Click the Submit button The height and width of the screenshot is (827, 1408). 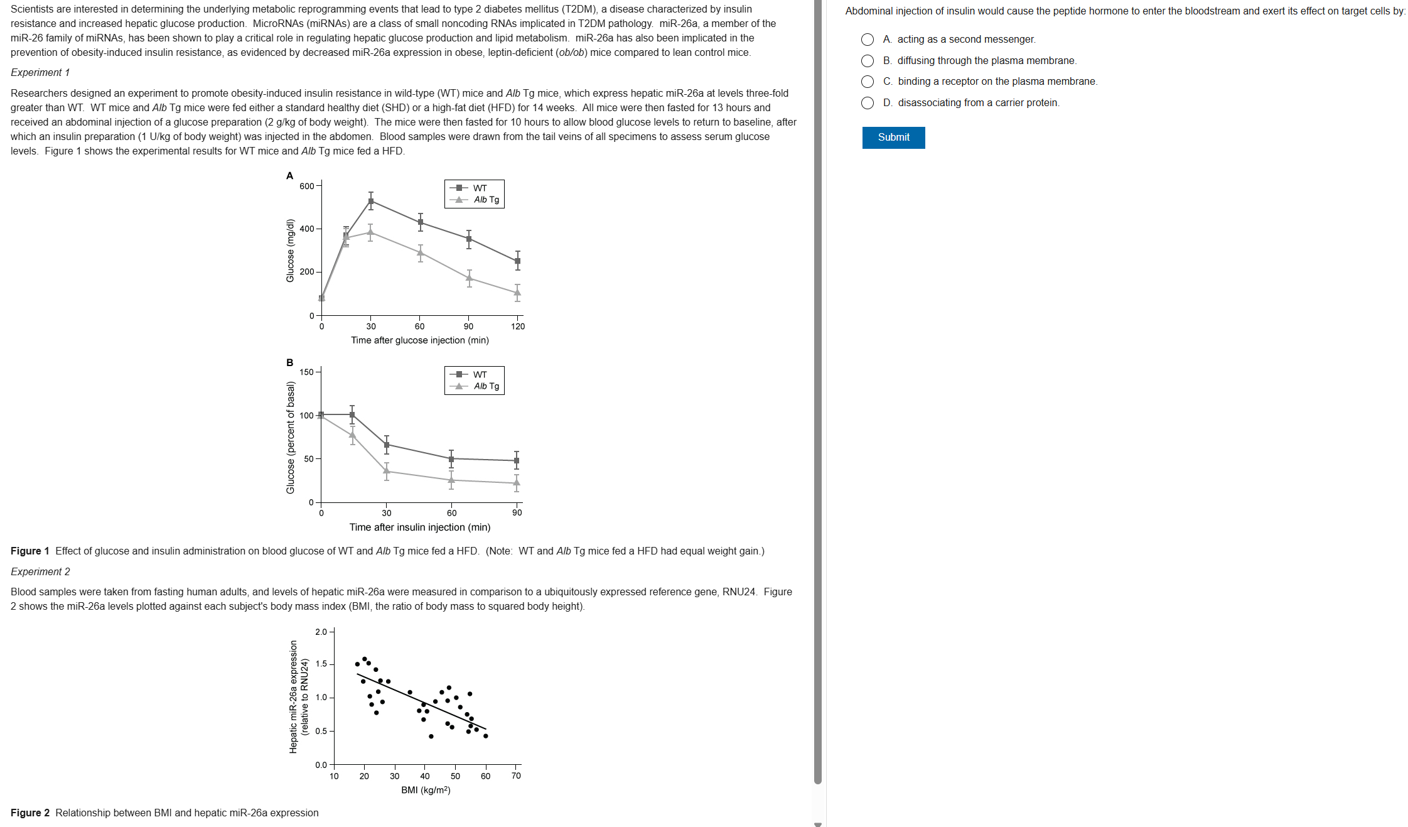point(893,138)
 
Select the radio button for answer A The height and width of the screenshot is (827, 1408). point(868,40)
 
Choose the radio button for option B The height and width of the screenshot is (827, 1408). point(868,61)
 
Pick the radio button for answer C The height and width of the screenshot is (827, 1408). point(868,82)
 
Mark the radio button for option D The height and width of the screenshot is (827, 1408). point(868,103)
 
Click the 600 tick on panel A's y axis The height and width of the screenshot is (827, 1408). point(307,186)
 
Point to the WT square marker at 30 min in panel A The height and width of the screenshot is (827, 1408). point(371,201)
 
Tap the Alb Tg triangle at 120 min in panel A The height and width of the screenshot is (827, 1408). point(517,293)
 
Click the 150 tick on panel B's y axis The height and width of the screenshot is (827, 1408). point(307,372)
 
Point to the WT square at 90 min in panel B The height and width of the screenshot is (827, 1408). point(517,461)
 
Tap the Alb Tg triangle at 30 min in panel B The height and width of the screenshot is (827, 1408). point(387,471)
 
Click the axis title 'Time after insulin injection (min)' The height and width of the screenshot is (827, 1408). point(420,527)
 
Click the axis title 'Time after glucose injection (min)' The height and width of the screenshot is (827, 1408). point(420,340)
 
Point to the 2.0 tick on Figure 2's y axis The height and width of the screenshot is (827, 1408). point(321,632)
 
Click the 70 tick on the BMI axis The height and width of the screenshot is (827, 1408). point(516,776)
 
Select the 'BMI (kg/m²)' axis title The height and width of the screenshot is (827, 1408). point(426,790)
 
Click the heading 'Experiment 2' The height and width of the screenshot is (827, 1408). point(40,571)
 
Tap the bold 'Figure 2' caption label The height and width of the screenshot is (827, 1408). point(30,813)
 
